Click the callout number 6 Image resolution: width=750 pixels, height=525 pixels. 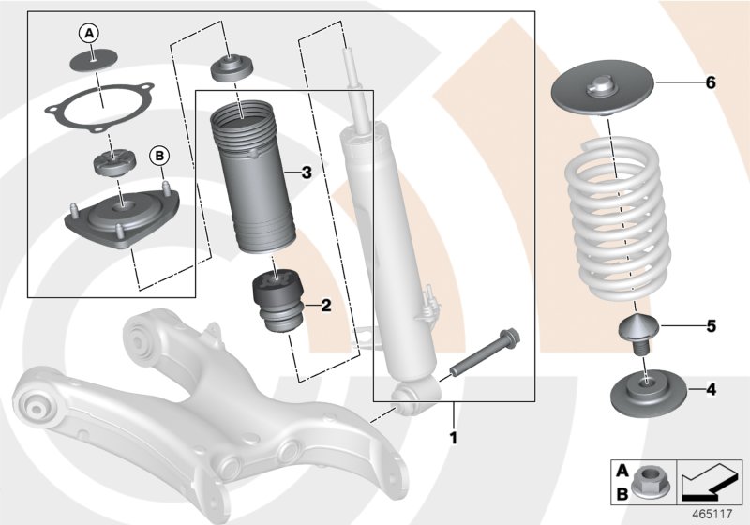(711, 83)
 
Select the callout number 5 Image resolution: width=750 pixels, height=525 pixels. (711, 326)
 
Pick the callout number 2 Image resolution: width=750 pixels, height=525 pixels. (325, 305)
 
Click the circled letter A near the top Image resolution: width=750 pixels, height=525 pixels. (90, 34)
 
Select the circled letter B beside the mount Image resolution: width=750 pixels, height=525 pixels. (157, 154)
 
